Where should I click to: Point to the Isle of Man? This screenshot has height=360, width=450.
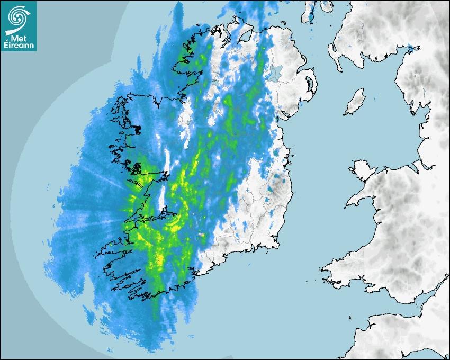355,102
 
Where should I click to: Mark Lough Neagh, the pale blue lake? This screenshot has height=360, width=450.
274,72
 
